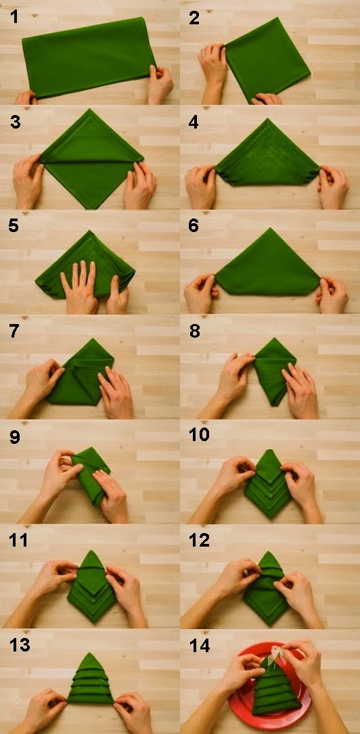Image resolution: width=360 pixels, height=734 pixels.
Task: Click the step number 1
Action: pos(15,17)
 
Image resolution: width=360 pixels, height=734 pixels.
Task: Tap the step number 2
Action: pos(195,18)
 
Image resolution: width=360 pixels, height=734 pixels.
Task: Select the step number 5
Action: pos(14,226)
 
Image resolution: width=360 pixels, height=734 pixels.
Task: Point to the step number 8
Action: pos(195,331)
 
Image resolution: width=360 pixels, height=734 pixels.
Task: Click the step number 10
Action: pos(200,435)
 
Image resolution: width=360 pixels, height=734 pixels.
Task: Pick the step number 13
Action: pos(19,645)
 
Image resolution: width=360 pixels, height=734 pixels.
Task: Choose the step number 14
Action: pos(200,645)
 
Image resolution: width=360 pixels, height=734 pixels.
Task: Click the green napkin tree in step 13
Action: pos(90,680)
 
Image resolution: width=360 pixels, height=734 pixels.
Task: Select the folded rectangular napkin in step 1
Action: pos(89,57)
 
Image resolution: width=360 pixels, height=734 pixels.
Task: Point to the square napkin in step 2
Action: pos(267,59)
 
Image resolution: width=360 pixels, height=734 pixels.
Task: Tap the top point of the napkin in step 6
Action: pos(269,229)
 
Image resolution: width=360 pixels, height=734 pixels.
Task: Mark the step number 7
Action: pos(14,331)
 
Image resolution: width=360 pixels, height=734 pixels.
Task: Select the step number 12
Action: pos(200,540)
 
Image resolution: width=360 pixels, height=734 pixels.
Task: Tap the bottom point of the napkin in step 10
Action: pos(269,517)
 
